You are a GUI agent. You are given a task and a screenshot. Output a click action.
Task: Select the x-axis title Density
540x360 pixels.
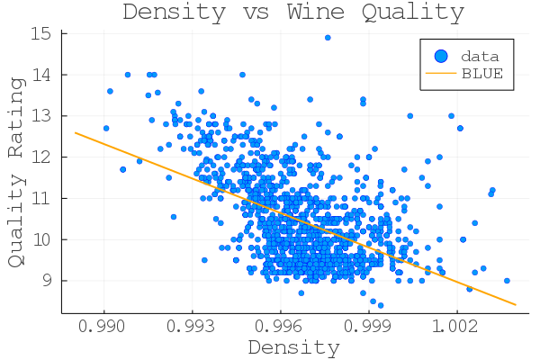tap(293, 346)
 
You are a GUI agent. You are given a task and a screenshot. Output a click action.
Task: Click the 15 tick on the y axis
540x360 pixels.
tap(43, 33)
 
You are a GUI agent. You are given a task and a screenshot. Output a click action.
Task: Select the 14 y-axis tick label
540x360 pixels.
tap(43, 75)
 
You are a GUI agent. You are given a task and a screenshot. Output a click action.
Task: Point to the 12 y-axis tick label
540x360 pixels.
tap(43, 157)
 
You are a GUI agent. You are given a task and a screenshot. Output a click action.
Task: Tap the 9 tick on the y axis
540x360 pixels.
tap(48, 280)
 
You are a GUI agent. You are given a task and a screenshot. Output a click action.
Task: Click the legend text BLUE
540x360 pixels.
tap(482, 74)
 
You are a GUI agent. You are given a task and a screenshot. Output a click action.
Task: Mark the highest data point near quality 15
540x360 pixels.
tap(328, 38)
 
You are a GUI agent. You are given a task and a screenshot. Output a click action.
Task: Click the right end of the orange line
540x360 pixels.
tap(516, 304)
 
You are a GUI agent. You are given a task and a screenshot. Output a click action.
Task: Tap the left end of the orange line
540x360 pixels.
tap(75, 132)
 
